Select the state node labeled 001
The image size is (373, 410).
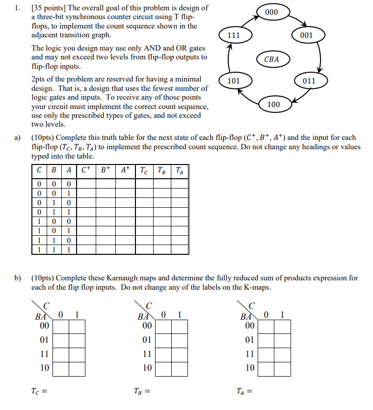coord(307,35)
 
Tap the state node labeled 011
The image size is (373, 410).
coord(309,81)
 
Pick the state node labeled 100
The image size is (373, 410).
coord(274,105)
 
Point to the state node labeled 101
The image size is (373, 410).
coord(234,81)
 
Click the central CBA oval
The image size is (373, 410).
coord(271,59)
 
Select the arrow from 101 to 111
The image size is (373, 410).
coord(228,58)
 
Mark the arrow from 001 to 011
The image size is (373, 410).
coord(320,58)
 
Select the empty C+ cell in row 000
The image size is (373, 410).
coord(86,183)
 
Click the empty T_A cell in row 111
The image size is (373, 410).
coord(180,249)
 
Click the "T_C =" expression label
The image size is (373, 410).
coord(39,391)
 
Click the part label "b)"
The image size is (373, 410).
coord(17,278)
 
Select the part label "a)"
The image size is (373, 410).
coord(17,138)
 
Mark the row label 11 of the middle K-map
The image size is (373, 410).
coord(147,354)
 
